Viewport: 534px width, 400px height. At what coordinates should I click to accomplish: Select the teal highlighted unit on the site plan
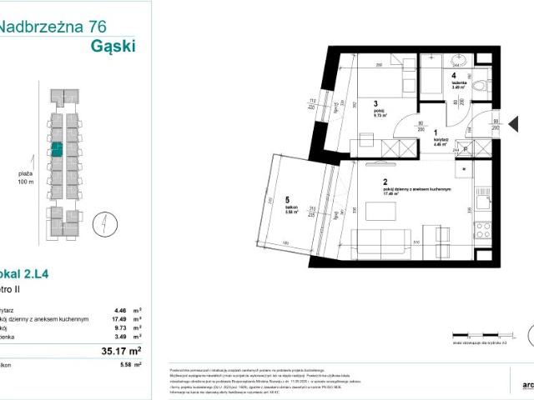click(x=57, y=150)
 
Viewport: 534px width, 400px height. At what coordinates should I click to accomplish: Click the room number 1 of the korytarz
click(x=436, y=132)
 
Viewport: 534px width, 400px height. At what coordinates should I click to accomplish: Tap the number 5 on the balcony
click(x=285, y=200)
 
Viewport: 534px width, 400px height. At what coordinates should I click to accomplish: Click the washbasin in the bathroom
click(x=456, y=60)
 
